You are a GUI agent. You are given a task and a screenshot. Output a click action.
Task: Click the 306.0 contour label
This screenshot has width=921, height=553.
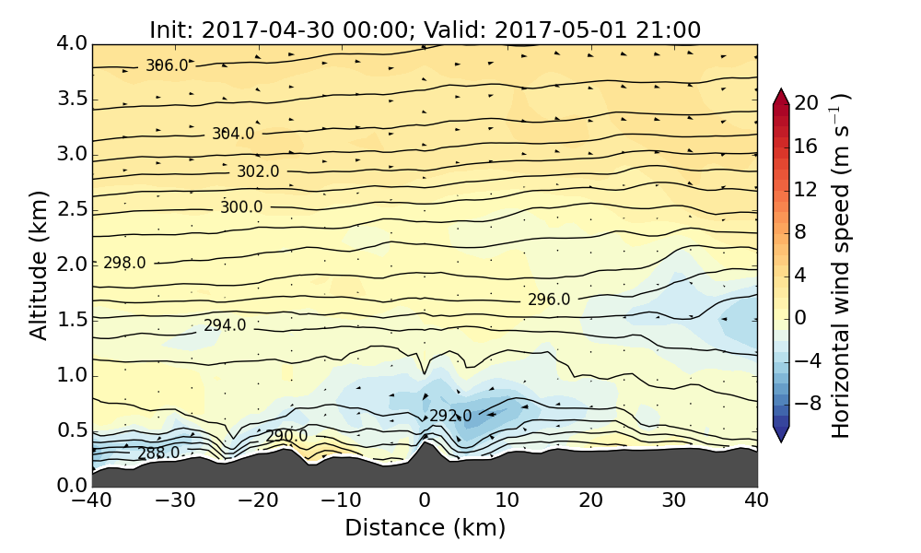coord(167,65)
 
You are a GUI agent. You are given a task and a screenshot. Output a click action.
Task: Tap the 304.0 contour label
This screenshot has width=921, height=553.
coord(233,134)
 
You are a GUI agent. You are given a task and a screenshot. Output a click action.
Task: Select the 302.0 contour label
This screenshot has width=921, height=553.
coord(258,171)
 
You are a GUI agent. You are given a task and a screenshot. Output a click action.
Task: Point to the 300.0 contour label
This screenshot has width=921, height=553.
coord(241,207)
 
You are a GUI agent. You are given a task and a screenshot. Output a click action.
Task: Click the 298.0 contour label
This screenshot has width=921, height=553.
coord(124,263)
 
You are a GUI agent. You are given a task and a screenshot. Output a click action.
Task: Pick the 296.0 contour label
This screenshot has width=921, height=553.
coord(549,300)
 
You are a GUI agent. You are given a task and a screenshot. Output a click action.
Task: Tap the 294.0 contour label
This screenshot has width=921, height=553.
coord(225,325)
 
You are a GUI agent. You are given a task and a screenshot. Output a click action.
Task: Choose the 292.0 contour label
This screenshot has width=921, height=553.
coord(450,416)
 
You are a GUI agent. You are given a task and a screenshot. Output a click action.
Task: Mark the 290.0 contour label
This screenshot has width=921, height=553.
coord(287,435)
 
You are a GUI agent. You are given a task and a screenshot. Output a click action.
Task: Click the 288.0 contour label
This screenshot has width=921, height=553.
coord(158,453)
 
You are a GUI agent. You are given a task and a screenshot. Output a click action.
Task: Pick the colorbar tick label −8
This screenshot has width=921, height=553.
coord(807,403)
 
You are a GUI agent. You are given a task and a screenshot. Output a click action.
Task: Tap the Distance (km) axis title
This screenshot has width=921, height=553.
coord(425,528)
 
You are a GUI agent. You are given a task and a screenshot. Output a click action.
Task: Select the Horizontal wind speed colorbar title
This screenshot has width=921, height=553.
coord(841,265)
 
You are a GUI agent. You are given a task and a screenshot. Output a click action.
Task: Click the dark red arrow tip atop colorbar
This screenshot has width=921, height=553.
coord(781,96)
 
